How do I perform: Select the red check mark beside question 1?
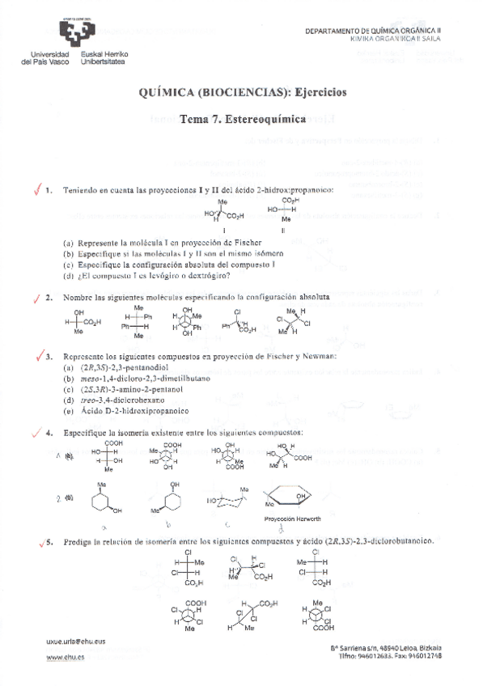(35, 188)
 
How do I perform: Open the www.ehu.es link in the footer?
(66, 658)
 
